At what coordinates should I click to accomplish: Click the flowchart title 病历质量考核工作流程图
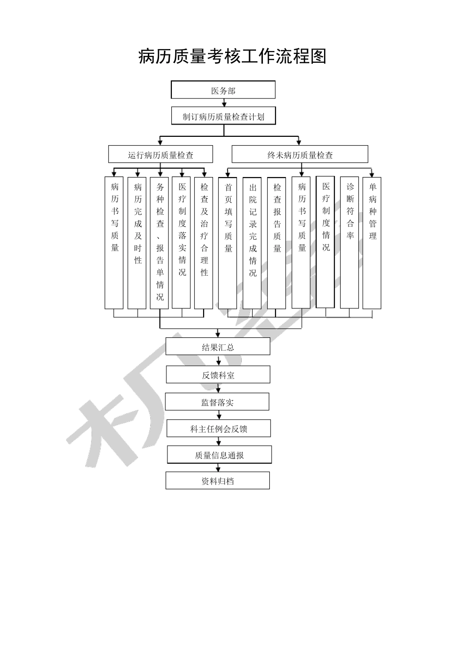click(x=232, y=56)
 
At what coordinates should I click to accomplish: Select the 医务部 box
click(x=223, y=90)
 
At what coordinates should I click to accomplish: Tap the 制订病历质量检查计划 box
click(x=224, y=117)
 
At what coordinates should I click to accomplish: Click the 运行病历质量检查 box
click(x=161, y=155)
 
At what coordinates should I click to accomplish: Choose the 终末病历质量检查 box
click(x=300, y=155)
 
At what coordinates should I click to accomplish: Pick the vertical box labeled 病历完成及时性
click(x=137, y=243)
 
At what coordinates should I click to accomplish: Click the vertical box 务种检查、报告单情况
click(x=160, y=243)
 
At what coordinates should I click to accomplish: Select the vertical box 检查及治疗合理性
click(x=204, y=243)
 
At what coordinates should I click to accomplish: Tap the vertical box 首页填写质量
click(x=228, y=243)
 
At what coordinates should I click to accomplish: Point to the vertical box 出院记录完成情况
click(x=252, y=243)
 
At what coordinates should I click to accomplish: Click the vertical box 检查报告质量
click(x=277, y=243)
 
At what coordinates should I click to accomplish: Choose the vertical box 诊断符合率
click(x=349, y=243)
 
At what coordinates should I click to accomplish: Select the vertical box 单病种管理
click(x=372, y=243)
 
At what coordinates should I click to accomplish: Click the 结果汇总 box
click(x=218, y=347)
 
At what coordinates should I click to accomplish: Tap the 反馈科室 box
click(x=218, y=375)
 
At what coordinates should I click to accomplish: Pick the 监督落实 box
click(x=217, y=402)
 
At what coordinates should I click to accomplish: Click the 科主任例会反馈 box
click(x=218, y=429)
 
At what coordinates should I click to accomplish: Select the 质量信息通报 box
click(x=219, y=455)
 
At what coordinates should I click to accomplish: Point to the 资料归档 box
click(x=217, y=481)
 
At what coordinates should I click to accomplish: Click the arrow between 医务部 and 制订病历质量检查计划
click(x=224, y=103)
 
